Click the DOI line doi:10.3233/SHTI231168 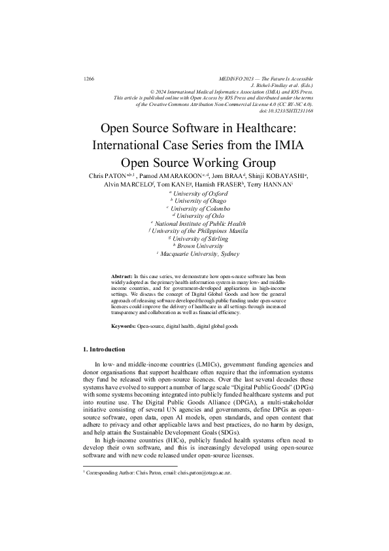tap(287, 110)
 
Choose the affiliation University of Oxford tap(196, 193)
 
